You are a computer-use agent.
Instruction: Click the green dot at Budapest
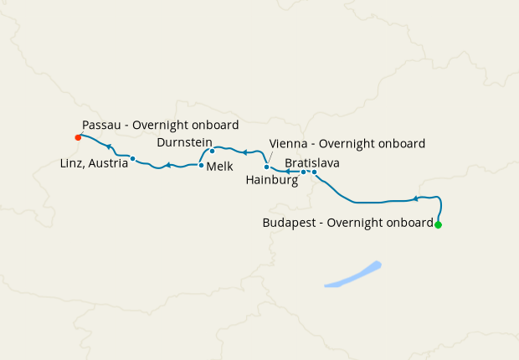[438, 224]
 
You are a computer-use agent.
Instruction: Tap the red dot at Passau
[78, 137]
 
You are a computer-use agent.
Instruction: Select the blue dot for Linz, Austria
[133, 158]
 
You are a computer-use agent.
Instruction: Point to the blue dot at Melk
[201, 166]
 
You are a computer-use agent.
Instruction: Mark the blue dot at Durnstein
[212, 152]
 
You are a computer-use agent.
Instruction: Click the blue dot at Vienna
[266, 167]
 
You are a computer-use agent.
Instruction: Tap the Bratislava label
[311, 162]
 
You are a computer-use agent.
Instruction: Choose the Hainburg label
[273, 179]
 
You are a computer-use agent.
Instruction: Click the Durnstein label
[185, 143]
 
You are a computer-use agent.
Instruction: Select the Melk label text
[219, 167]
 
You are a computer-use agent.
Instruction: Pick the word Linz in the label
[73, 162]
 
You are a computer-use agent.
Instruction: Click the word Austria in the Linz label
[110, 162]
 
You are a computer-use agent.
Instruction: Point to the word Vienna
[288, 143]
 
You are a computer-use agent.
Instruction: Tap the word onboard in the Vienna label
[404, 143]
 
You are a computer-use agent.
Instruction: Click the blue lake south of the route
[352, 275]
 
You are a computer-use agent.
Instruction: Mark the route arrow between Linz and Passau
[110, 147]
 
